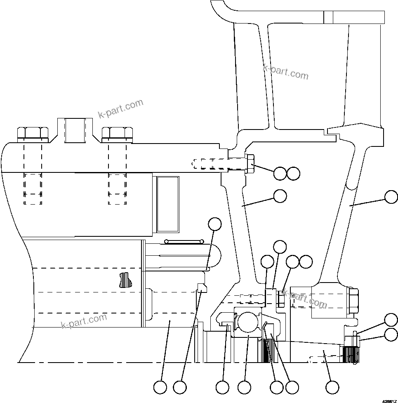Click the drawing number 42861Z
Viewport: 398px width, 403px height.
tap(389, 400)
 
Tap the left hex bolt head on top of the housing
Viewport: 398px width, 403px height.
tap(33, 132)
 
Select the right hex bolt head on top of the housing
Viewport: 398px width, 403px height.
tap(117, 132)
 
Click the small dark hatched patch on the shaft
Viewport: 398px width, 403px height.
tap(123, 280)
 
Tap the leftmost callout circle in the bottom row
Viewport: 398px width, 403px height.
tap(160, 387)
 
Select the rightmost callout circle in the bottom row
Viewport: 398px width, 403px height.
tap(332, 387)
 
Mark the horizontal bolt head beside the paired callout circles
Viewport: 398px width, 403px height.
tap(250, 164)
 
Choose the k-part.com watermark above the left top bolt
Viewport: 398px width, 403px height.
tap(120, 108)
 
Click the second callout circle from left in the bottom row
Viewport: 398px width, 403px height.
tap(180, 387)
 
